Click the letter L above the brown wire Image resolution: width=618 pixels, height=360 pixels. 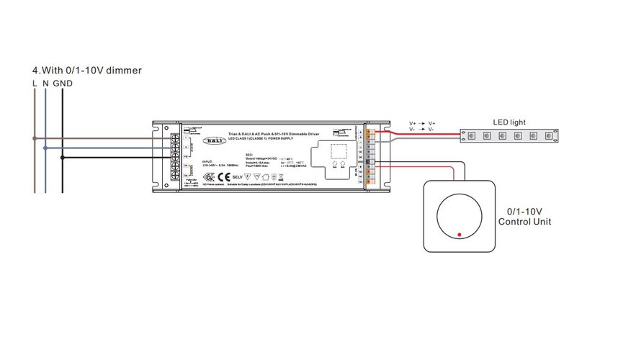35,84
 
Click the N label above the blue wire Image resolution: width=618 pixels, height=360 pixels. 45,84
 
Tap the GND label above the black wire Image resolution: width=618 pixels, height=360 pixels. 63,84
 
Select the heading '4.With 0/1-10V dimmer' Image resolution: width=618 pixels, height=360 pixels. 86,71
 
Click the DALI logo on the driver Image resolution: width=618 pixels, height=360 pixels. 212,141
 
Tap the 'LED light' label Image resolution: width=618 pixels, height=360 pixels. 511,123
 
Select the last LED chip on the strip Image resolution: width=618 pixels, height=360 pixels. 550,135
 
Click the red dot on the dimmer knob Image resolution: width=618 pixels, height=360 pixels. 458,233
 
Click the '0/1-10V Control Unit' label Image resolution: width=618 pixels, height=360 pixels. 524,217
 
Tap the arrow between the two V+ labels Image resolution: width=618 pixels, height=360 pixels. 422,124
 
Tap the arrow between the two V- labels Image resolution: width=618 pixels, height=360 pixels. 422,130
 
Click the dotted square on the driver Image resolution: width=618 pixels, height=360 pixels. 336,151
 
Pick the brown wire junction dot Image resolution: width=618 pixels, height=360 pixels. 34,139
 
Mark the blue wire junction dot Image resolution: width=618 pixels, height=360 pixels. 45,148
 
